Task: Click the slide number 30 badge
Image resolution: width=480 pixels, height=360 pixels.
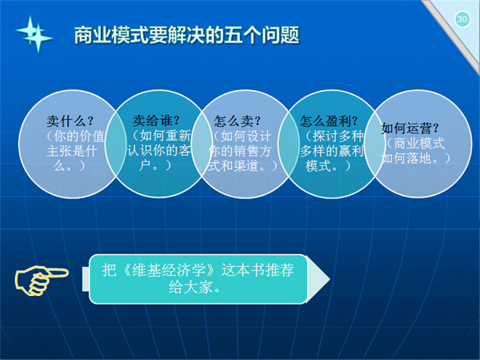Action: point(463,20)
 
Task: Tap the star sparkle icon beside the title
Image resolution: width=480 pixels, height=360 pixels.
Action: point(34,34)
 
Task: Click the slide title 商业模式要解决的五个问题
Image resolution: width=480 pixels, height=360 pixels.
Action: point(187,35)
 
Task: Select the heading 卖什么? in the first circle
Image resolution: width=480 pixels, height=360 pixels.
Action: point(70,121)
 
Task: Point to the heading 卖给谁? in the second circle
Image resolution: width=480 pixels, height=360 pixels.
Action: point(156,120)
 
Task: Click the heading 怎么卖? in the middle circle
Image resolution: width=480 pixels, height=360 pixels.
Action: point(237,121)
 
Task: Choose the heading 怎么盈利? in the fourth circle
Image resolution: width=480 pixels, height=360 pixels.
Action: point(329,121)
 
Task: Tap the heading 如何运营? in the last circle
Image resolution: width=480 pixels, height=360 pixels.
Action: point(410,128)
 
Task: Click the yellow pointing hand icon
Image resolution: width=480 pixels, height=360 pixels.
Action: point(41,280)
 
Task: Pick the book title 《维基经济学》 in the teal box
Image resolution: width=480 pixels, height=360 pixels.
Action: point(169,270)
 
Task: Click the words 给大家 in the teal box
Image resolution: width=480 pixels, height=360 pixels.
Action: point(191,287)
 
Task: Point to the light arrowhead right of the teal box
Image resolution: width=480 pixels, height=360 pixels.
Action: point(319,279)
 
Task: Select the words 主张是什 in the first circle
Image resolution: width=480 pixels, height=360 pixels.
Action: point(72,151)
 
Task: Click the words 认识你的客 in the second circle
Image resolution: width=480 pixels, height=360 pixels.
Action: point(159,151)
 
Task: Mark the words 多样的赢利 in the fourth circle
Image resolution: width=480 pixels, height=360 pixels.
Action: point(332,151)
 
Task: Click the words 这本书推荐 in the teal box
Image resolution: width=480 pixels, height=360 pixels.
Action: point(257,270)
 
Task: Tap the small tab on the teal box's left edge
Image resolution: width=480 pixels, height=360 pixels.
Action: point(86,279)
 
